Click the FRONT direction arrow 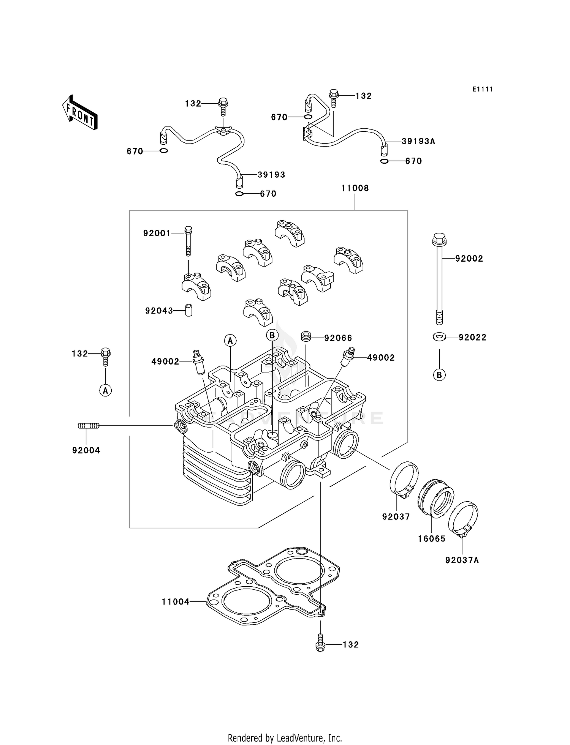(80, 112)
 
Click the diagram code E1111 (482, 89)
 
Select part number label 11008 (355, 188)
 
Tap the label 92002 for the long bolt (469, 259)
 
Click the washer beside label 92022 (439, 336)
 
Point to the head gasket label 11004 (175, 602)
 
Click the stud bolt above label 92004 (88, 426)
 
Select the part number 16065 (431, 538)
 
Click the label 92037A (462, 560)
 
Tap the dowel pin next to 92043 (188, 310)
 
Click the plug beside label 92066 (306, 336)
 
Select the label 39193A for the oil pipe (418, 141)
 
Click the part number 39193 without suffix (271, 175)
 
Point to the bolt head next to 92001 (188, 229)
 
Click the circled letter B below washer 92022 (439, 375)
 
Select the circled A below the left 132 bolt (106, 390)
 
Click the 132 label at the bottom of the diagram (350, 645)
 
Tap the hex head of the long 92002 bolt (439, 238)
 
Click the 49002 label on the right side (380, 358)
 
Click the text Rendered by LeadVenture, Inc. (285, 738)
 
